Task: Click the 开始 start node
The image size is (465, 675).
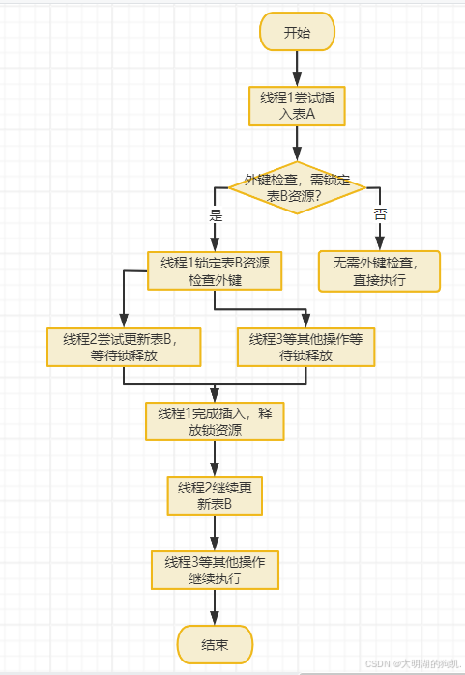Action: pyautogui.click(x=297, y=32)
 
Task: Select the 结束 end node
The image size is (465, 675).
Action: pyautogui.click(x=214, y=644)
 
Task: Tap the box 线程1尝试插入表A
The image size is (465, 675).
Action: pyautogui.click(x=297, y=105)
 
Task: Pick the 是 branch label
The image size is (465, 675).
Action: pyautogui.click(x=216, y=214)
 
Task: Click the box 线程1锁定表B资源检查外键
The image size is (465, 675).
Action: pyautogui.click(x=215, y=270)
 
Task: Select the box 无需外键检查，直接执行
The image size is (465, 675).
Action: pyautogui.click(x=380, y=270)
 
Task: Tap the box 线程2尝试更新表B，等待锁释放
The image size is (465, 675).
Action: pyautogui.click(x=124, y=347)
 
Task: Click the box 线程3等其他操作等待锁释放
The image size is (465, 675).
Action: pyautogui.click(x=305, y=347)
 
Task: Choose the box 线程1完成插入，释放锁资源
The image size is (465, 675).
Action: pyautogui.click(x=215, y=421)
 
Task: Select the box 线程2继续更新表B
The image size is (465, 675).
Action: pyautogui.click(x=215, y=495)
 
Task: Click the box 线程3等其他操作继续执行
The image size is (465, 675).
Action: pyautogui.click(x=215, y=570)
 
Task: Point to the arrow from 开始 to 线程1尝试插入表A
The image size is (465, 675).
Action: pyautogui.click(x=297, y=68)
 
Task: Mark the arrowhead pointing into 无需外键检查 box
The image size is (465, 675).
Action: pyautogui.click(x=380, y=243)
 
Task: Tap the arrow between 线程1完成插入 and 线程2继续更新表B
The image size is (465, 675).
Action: pyautogui.click(x=215, y=458)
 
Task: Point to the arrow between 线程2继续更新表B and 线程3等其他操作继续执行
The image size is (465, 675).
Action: pyautogui.click(x=215, y=533)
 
